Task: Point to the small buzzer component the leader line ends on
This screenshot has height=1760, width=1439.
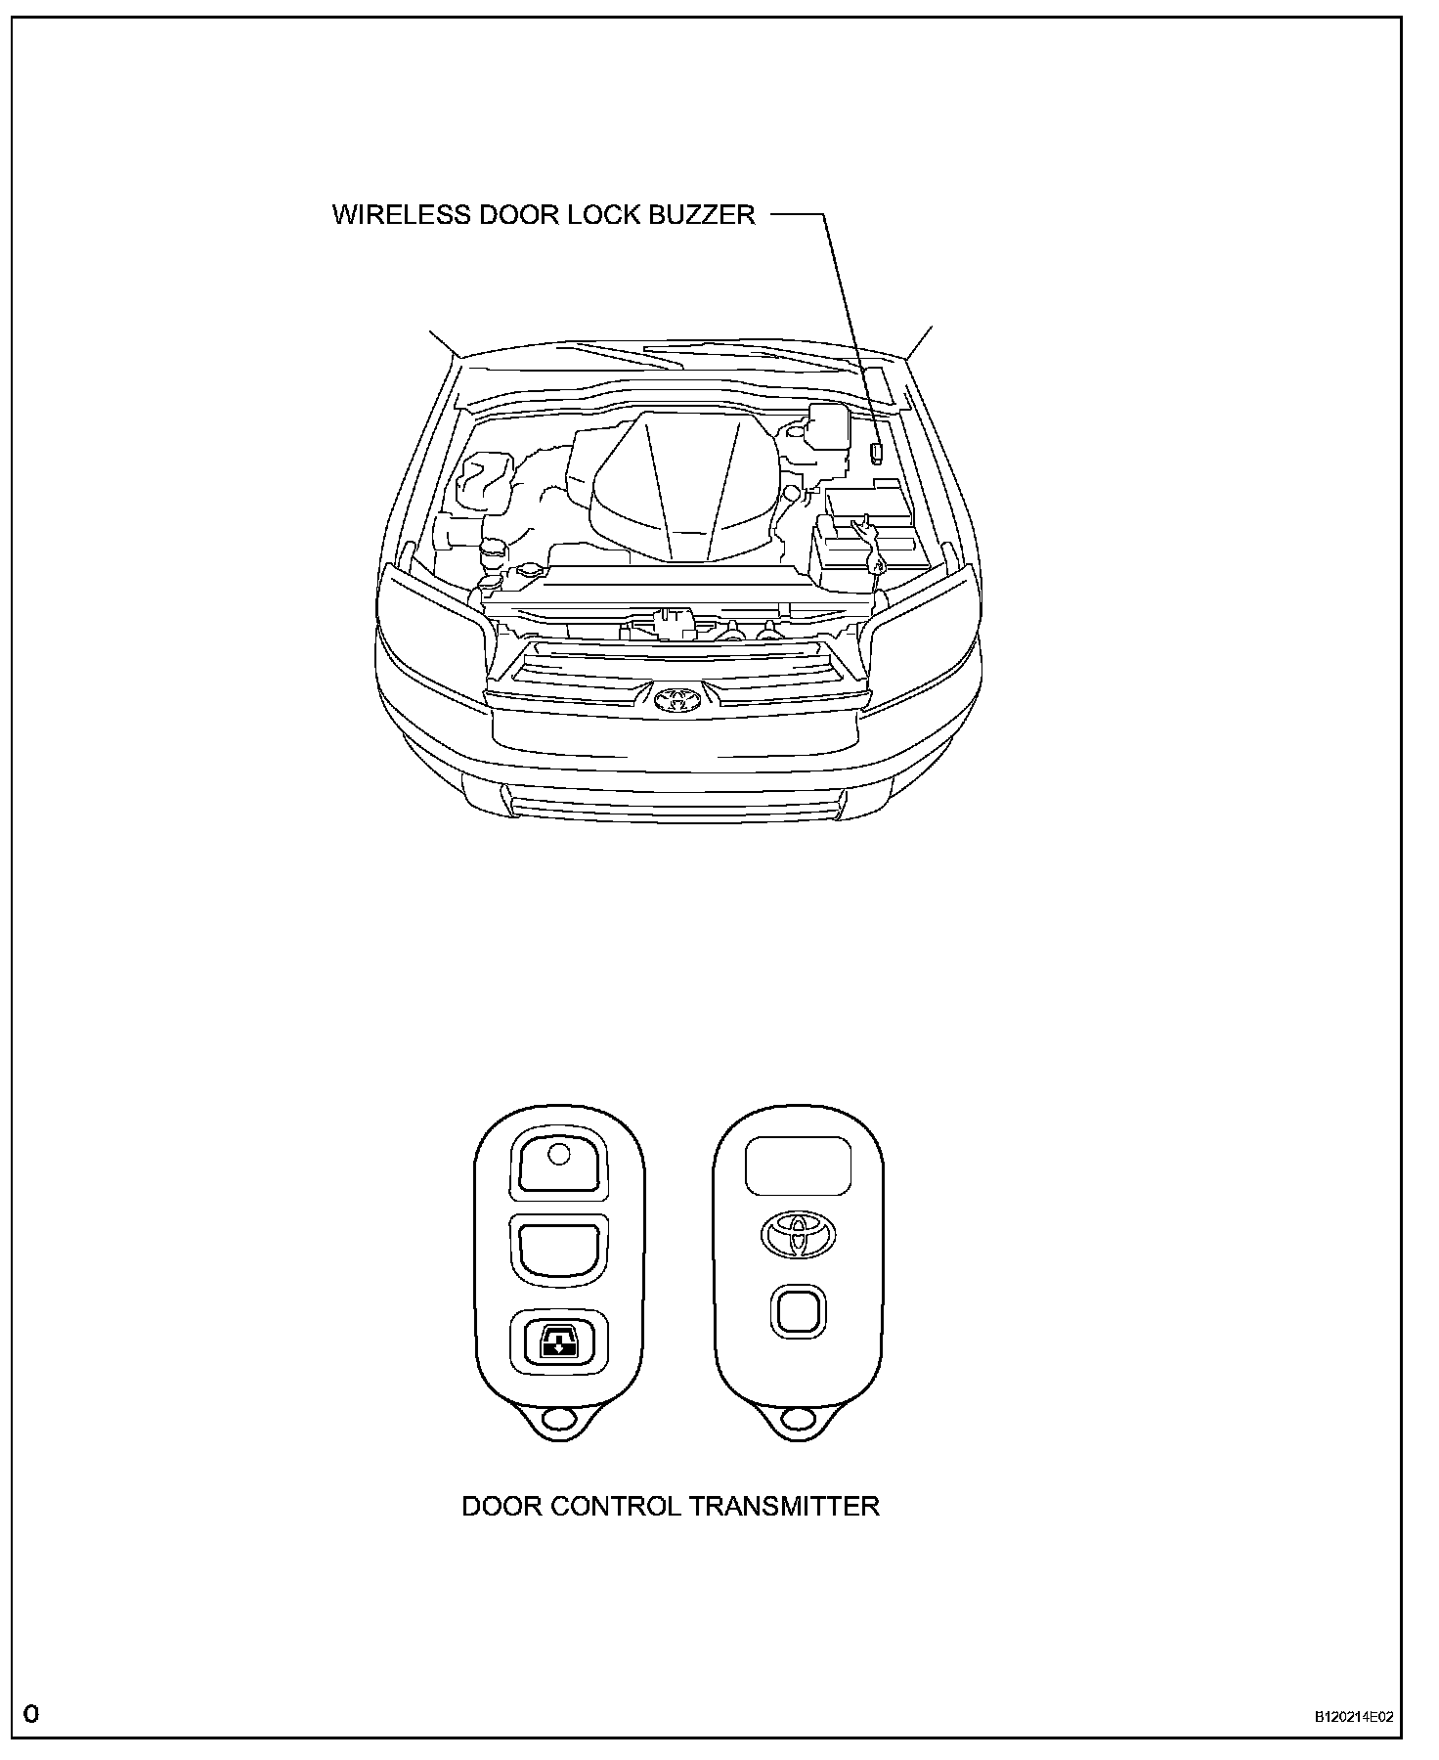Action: point(876,452)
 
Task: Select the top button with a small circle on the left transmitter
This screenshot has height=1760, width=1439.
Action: point(558,1162)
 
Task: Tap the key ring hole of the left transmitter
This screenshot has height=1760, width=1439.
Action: point(558,1419)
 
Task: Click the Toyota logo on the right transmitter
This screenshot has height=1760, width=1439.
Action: point(797,1235)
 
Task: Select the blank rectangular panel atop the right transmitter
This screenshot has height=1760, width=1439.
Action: point(797,1165)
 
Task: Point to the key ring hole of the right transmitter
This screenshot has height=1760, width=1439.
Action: point(797,1419)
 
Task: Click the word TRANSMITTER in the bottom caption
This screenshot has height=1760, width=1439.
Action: point(784,1505)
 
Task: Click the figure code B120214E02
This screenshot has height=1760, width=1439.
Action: point(1353,1715)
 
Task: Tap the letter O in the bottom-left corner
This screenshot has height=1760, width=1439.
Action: point(32,1713)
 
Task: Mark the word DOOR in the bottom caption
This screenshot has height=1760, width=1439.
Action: point(501,1505)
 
